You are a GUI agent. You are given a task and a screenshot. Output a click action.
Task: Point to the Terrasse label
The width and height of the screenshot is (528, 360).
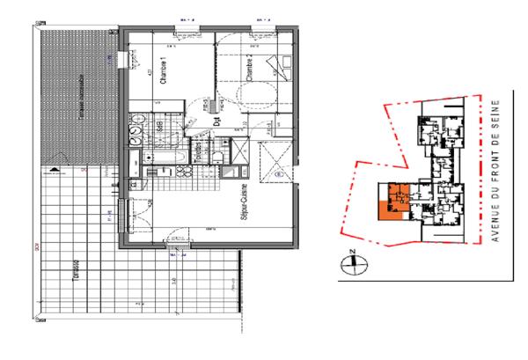(x=77, y=273)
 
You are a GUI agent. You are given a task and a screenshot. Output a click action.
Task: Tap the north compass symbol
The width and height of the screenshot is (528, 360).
(x=351, y=261)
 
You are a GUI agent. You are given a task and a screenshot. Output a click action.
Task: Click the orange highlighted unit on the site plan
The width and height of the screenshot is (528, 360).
(x=385, y=209)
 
